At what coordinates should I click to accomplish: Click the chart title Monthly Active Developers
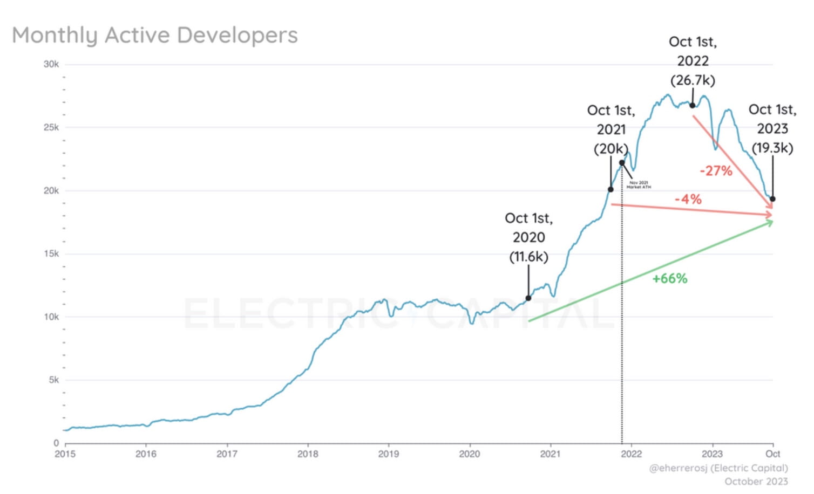155,36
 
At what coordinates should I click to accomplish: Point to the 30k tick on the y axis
51,64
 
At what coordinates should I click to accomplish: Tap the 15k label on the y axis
51,253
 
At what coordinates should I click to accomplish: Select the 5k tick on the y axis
53,380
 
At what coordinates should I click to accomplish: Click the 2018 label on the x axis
308,454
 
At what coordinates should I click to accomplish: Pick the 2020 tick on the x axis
469,454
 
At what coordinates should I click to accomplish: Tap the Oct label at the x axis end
772,454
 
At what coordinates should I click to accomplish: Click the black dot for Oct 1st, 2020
528,298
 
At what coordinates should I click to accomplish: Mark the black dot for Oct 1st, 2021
611,189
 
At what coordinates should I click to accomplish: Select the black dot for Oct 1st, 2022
692,106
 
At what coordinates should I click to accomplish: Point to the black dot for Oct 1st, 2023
772,199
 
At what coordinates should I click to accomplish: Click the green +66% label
669,279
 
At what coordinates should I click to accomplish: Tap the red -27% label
716,171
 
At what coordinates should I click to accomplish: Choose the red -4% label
688,200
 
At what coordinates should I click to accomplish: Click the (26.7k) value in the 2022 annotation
693,80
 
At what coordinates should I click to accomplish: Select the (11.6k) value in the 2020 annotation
528,257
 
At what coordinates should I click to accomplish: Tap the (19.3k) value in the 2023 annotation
772,148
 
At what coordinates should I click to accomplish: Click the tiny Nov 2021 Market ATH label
639,185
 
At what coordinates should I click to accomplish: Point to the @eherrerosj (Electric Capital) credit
718,468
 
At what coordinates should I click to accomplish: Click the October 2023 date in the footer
756,482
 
